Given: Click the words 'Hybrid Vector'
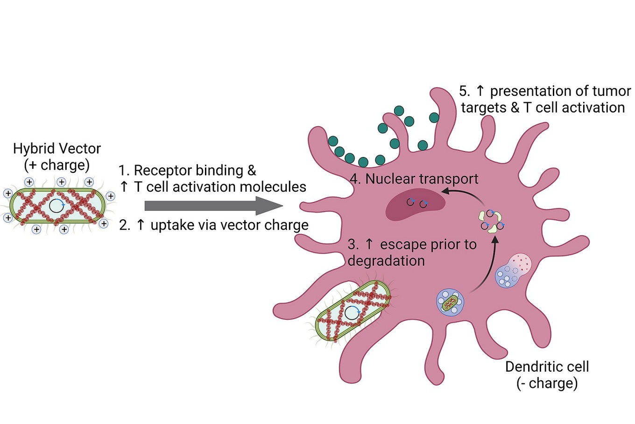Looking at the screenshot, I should click(57, 149).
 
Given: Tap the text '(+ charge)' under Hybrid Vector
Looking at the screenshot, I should click(56, 165).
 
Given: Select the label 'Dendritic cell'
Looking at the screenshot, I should click(547, 367).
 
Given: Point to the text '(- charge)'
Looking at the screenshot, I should click(547, 383).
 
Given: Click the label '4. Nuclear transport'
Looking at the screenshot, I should click(414, 179).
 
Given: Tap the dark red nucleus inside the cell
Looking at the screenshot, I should click(415, 204).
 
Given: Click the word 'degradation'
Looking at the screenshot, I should click(386, 261).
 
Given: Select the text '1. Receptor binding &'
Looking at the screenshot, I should click(187, 170).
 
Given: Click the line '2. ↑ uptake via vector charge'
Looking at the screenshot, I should click(214, 225).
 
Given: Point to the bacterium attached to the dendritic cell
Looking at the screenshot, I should click(353, 311).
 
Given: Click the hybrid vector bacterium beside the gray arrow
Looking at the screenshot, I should click(57, 206).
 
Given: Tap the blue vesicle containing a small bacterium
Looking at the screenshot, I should click(450, 302).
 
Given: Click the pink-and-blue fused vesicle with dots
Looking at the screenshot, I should click(513, 270).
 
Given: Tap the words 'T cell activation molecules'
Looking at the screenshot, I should click(220, 187).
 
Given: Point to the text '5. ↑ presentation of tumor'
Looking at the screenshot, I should click(544, 91).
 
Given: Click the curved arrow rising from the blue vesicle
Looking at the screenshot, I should click(488, 266).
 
